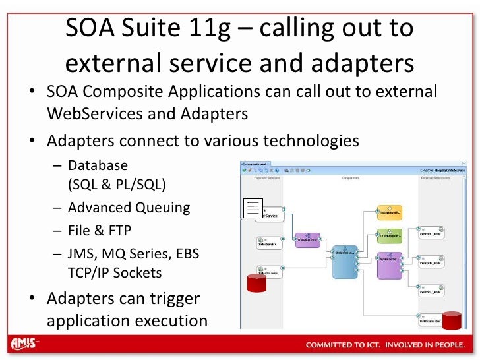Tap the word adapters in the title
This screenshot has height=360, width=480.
[353, 63]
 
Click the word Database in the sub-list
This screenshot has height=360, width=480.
[98, 165]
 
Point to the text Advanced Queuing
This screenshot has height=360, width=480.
[129, 208]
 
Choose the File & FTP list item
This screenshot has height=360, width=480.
[100, 230]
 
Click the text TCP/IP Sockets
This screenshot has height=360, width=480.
[115, 272]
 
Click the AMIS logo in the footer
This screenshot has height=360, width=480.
[24, 344]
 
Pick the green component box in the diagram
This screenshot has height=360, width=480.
[390, 235]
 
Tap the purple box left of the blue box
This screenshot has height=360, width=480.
[307, 240]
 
